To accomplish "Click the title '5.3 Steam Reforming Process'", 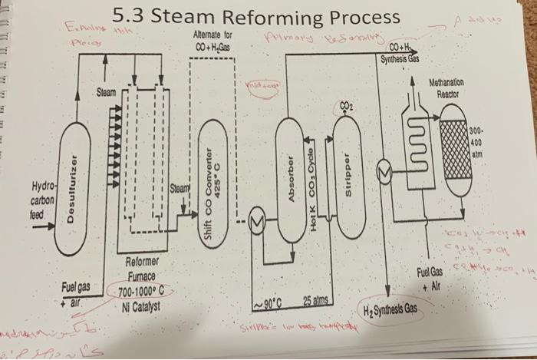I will coord(256,17).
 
